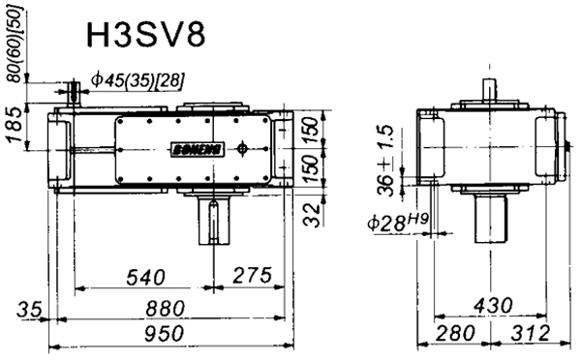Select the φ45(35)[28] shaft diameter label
coord(137,78)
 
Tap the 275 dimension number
coord(251,277)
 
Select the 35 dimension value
coord(30,312)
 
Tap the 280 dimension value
coord(450,334)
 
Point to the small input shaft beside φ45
coord(74,93)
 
